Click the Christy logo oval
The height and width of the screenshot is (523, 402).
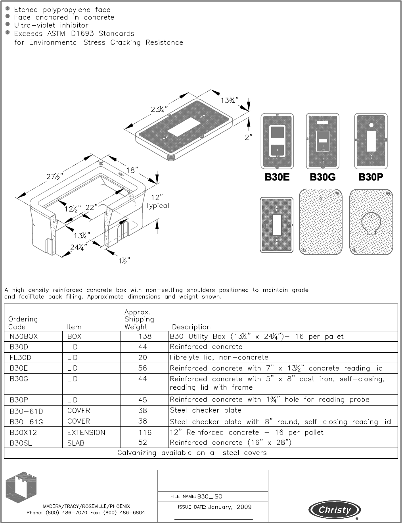(335, 510)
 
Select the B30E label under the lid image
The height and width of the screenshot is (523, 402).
(277, 177)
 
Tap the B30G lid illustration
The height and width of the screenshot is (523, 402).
(323, 141)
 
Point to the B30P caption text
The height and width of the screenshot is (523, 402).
(371, 177)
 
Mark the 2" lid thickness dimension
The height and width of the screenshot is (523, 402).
(249, 137)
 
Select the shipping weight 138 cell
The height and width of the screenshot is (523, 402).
(145, 336)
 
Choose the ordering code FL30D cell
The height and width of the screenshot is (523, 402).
(20, 358)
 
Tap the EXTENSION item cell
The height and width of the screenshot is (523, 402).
(86, 433)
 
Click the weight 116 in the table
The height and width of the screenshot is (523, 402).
(145, 433)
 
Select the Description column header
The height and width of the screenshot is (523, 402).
(191, 327)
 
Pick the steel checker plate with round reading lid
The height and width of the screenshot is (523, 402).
(371, 222)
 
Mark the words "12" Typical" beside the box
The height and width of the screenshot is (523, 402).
(157, 202)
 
